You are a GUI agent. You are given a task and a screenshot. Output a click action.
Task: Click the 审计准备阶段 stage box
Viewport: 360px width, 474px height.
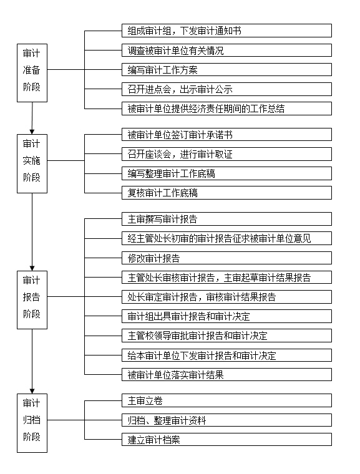tap(32, 73)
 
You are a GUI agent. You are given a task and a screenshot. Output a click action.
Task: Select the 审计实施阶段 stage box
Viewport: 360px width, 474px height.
tap(32, 163)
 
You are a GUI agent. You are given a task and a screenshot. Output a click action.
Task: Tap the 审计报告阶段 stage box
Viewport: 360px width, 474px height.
tap(32, 300)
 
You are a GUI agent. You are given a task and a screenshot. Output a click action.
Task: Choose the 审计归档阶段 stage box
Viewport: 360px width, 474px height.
tap(32, 423)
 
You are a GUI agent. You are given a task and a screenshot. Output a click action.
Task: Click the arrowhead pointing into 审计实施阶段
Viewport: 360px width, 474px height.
tap(32, 132)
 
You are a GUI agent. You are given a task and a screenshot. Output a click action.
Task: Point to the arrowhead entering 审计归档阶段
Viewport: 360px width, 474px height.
tap(32, 391)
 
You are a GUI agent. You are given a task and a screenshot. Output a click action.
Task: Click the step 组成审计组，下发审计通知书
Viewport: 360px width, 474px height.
tap(226, 31)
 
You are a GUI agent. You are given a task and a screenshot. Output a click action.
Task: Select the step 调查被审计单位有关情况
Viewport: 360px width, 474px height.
tap(226, 50)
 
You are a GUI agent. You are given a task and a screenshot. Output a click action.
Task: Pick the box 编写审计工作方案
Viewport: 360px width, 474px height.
tap(226, 69)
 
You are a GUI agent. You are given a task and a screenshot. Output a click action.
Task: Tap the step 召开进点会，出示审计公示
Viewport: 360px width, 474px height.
tap(226, 89)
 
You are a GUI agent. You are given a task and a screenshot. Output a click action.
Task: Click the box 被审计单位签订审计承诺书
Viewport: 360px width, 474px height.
tap(226, 135)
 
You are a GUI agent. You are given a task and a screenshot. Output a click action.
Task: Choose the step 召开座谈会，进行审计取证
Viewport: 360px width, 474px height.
tap(226, 154)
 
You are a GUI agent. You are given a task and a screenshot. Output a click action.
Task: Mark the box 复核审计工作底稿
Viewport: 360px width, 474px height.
tap(226, 193)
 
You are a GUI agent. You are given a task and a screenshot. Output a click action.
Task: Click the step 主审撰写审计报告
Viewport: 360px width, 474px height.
tap(226, 219)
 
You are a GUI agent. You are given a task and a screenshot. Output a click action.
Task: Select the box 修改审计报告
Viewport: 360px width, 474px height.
tap(226, 258)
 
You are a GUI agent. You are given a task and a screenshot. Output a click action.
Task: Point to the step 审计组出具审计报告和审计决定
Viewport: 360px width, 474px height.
tap(226, 316)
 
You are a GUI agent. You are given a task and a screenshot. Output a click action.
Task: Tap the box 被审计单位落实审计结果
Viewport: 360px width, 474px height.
tap(226, 375)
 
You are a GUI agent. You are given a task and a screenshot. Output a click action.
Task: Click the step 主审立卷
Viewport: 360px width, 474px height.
tap(226, 400)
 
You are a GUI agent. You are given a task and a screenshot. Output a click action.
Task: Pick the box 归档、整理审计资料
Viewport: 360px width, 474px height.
tap(226, 420)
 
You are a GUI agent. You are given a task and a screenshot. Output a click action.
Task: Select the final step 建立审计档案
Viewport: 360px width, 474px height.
tap(226, 440)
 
